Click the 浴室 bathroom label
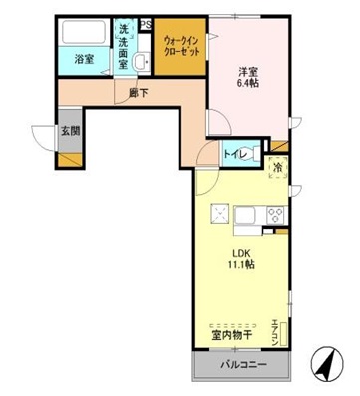(83, 59)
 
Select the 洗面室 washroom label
(123, 46)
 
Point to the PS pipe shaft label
(146, 25)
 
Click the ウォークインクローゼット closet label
(180, 45)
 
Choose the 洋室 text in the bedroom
(249, 71)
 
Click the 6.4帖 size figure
(249, 84)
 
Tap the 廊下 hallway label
(138, 93)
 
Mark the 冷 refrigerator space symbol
(278, 169)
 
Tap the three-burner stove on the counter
(273, 214)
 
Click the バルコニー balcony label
(242, 364)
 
